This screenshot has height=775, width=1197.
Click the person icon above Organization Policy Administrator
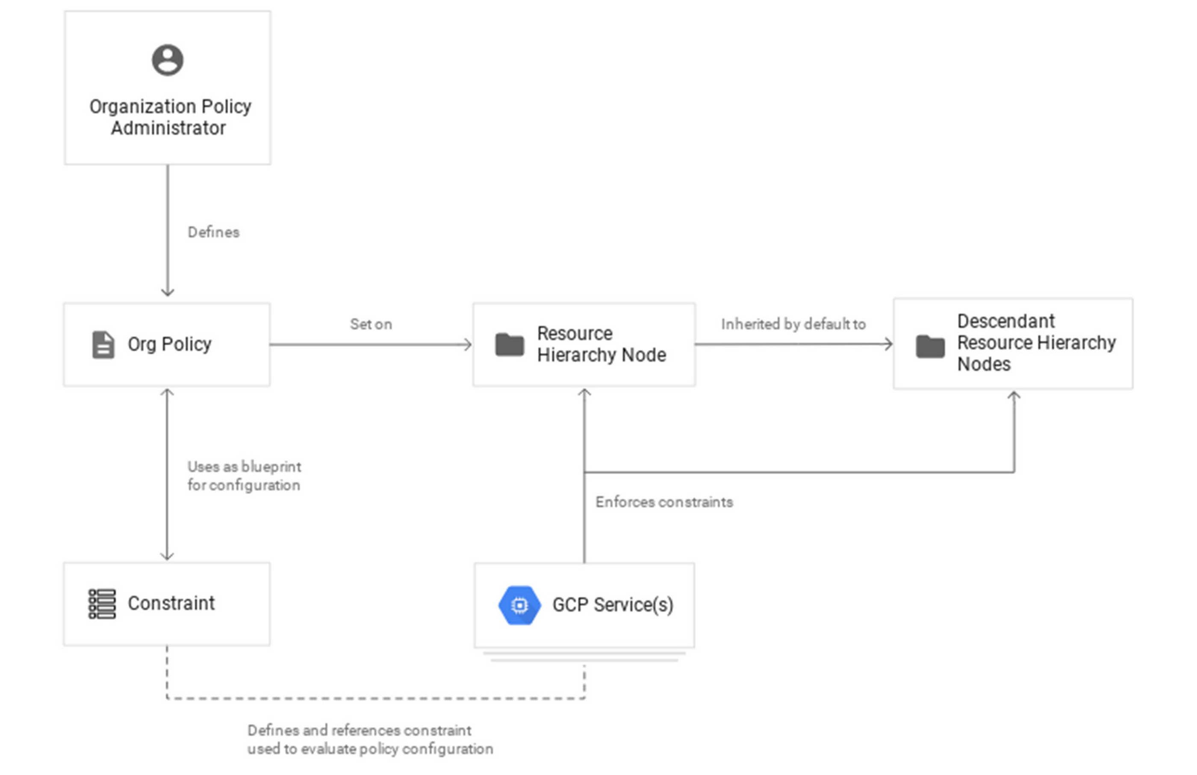pos(168,60)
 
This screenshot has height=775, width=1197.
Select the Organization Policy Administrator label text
pos(170,117)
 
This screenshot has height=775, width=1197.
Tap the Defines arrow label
pos(213,232)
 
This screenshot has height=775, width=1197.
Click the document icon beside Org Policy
pos(103,345)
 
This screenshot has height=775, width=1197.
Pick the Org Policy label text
pos(169,345)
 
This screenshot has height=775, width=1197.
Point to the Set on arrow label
pos(371,324)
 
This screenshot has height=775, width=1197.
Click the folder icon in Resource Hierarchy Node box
pos(510,345)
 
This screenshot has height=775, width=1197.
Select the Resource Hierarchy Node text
pos(601,344)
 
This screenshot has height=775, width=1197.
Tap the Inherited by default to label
pos(793,324)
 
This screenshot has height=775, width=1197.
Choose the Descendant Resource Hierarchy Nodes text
pos(1036,342)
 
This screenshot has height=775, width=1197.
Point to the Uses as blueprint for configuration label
pos(244,476)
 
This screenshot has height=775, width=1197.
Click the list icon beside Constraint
pos(102,604)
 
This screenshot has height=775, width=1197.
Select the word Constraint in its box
pos(171,603)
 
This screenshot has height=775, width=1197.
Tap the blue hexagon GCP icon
pos(519,605)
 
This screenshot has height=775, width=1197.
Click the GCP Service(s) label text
pos(613,605)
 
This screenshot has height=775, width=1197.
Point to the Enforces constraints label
pos(664,502)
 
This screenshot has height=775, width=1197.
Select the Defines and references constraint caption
pos(370,739)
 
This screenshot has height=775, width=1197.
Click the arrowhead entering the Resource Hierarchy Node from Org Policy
pos(468,345)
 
